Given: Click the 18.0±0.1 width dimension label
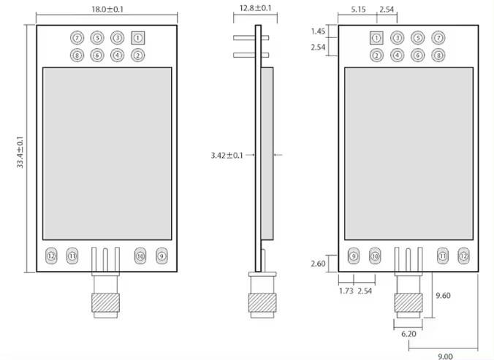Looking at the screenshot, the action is click(x=107, y=9).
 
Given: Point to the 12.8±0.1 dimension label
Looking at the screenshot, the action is click(x=255, y=9).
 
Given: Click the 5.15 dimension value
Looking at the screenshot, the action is click(x=358, y=9).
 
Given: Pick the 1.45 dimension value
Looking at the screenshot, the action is click(x=318, y=31).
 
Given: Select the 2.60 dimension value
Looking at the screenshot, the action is click(x=318, y=263).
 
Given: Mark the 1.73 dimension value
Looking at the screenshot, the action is click(x=346, y=291).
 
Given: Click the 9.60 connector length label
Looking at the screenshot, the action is click(x=443, y=295).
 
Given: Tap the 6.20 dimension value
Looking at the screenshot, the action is click(x=409, y=333).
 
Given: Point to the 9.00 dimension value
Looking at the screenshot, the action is click(x=445, y=355).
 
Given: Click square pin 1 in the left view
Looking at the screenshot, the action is click(x=138, y=38).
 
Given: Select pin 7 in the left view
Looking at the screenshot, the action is click(x=77, y=38).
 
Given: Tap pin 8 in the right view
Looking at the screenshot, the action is click(x=438, y=55).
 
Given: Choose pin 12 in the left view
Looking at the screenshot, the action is click(x=51, y=256).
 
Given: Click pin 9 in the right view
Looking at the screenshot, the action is click(x=354, y=256).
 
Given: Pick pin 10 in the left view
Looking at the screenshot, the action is click(x=140, y=256).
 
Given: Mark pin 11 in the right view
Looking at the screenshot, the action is click(x=442, y=256).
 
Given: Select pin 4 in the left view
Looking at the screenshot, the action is click(x=118, y=55).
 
